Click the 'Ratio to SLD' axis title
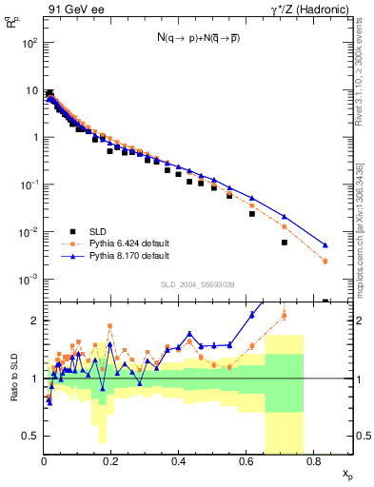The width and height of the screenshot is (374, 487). [x=13, y=379]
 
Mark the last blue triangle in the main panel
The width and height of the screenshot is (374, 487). [x=325, y=245]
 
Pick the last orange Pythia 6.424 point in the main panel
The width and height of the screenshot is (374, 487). [x=325, y=262]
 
